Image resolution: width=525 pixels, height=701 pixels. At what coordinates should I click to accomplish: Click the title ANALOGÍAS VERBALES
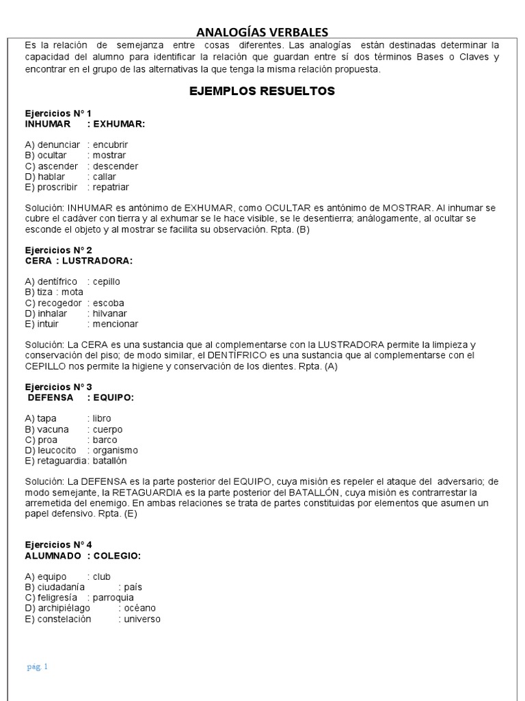point(262,32)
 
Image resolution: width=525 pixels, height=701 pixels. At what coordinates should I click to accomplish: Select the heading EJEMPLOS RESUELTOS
point(262,91)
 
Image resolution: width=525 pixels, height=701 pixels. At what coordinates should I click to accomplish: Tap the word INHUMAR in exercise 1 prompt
point(48,124)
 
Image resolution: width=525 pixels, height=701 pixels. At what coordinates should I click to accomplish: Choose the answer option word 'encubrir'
point(110,144)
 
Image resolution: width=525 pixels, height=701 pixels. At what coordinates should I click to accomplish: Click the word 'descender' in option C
point(116,166)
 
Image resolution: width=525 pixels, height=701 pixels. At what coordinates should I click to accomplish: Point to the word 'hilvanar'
point(111,313)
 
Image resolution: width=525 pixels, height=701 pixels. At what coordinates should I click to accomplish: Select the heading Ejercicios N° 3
point(58,386)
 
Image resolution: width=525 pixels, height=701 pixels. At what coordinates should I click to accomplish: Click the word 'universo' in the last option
point(142,618)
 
